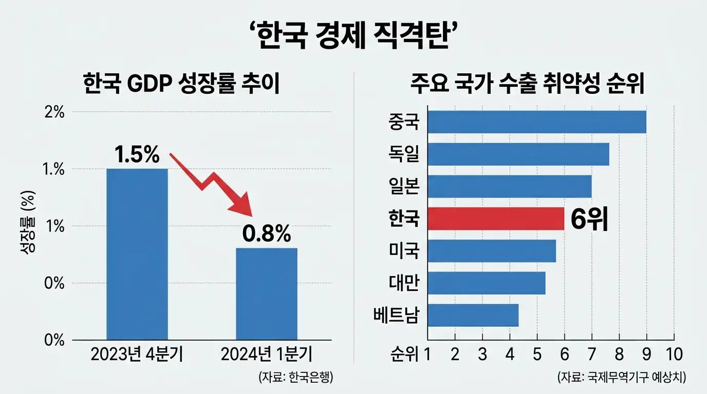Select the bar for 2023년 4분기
137,254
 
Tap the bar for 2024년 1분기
266,293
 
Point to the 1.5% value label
137,155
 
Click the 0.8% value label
266,234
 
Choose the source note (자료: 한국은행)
296,378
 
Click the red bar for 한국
495,219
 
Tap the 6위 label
589,220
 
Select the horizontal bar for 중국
536,122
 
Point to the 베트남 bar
473,315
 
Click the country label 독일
404,154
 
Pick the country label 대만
404,283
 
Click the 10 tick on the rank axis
673,353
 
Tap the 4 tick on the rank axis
510,353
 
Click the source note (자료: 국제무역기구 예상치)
622,378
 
